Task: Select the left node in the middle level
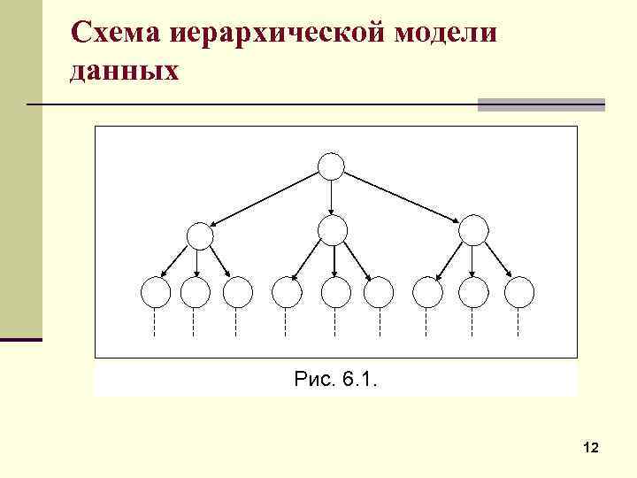(x=200, y=235)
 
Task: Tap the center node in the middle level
(x=333, y=230)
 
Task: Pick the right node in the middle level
(x=473, y=230)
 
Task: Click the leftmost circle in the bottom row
(x=155, y=291)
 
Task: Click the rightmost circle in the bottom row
(x=519, y=291)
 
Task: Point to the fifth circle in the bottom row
(x=335, y=291)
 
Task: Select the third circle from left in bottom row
(x=237, y=291)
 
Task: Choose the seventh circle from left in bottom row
(x=428, y=291)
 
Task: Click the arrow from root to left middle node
(x=265, y=197)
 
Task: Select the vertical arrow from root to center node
(x=331, y=197)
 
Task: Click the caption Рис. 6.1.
(x=335, y=381)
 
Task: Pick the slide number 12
(x=592, y=449)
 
